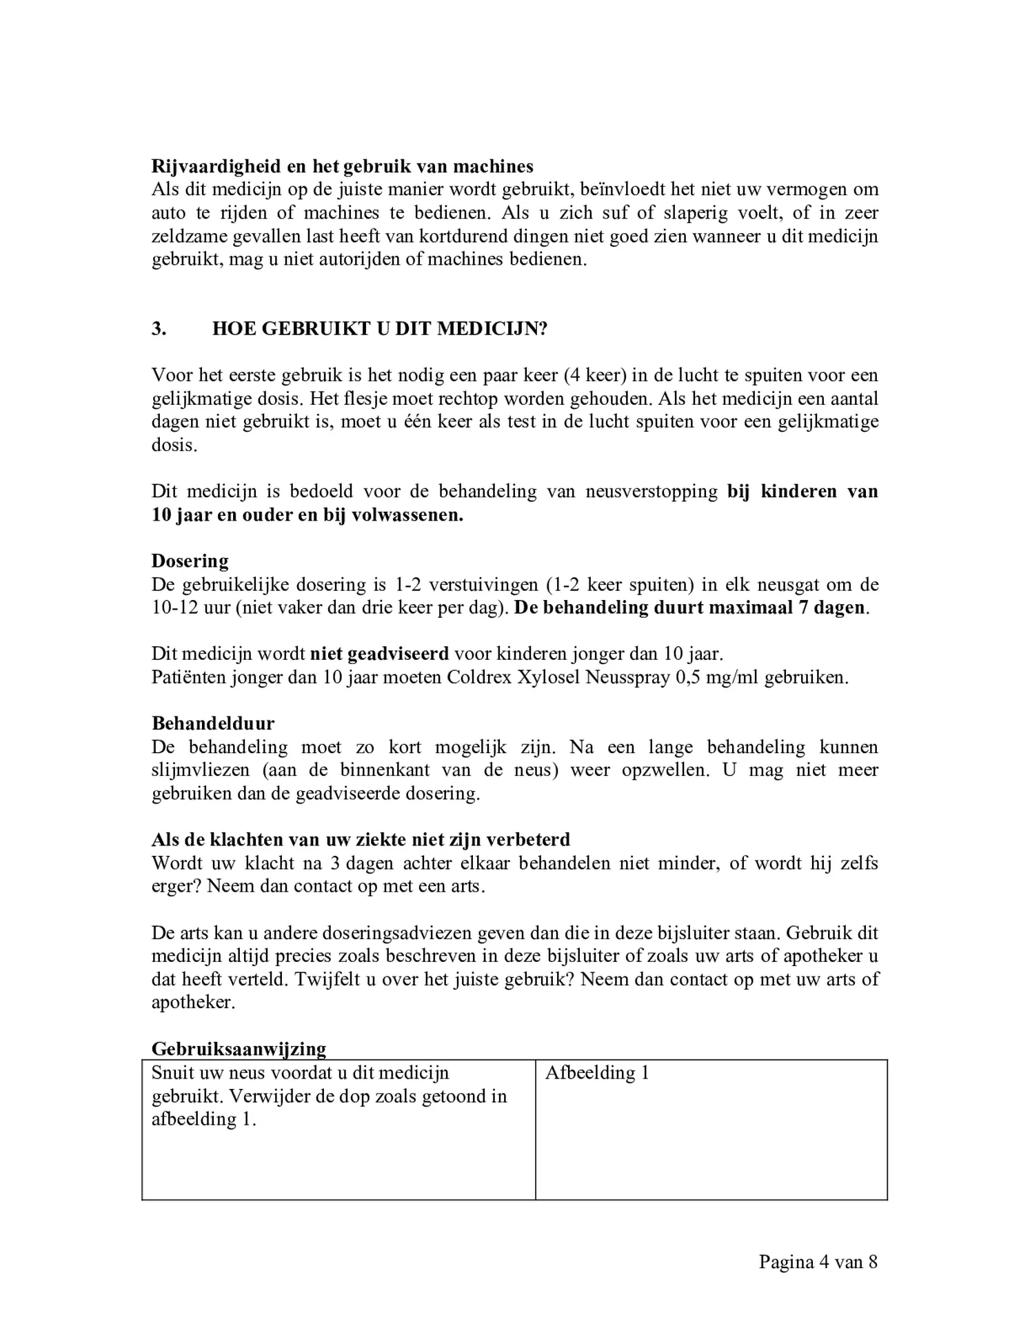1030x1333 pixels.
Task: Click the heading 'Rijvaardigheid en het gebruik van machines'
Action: pyautogui.click(x=342, y=166)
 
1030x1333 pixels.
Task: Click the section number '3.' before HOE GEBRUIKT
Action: pyautogui.click(x=159, y=328)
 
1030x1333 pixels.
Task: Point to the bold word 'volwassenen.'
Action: pyautogui.click(x=407, y=515)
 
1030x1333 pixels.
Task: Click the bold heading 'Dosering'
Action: pyautogui.click(x=190, y=561)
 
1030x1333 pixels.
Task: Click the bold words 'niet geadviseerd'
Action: pyautogui.click(x=379, y=653)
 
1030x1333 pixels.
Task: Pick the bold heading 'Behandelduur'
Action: pyautogui.click(x=212, y=723)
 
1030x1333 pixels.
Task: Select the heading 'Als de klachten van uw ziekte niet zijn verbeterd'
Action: pyautogui.click(x=361, y=839)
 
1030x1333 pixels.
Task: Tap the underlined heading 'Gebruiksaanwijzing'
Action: pyautogui.click(x=239, y=1049)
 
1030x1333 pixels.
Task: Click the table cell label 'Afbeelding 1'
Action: pyautogui.click(x=597, y=1073)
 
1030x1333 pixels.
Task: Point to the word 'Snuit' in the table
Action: pyautogui.click(x=172, y=1073)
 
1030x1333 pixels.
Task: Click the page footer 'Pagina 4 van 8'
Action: pyautogui.click(x=818, y=1262)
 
